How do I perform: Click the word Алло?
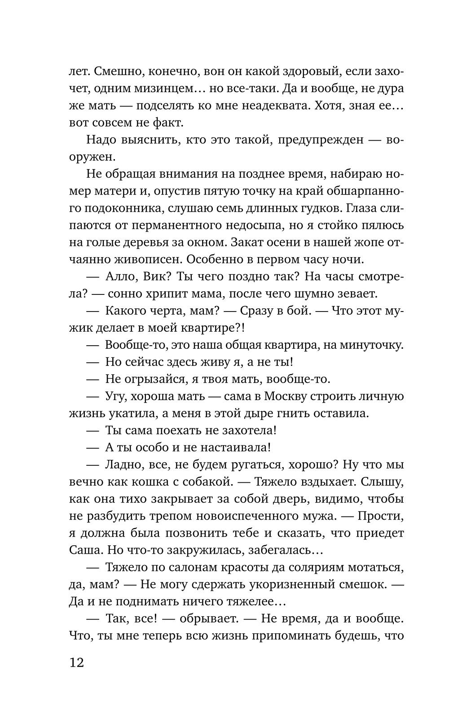[x=121, y=276]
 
